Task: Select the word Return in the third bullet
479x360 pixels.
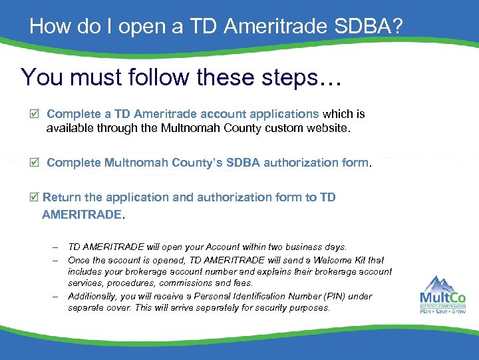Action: [x=63, y=197]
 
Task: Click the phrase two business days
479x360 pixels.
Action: [x=307, y=247]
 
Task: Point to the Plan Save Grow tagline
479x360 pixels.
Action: [x=442, y=311]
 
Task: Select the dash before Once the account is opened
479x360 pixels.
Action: [x=57, y=260]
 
